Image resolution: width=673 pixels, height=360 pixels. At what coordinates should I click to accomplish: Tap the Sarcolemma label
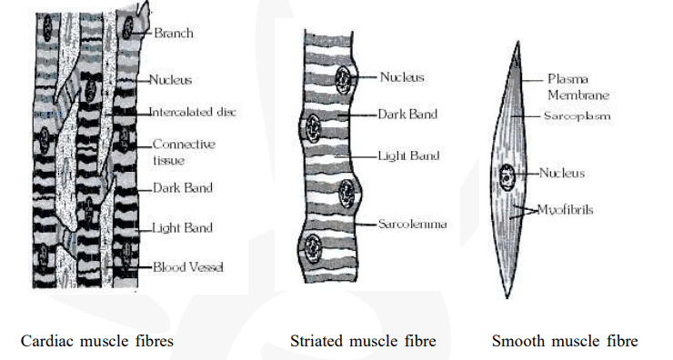414,223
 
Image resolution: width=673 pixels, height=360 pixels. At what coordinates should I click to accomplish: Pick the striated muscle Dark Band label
407,115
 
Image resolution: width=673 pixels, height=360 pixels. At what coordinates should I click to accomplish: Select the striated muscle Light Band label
408,155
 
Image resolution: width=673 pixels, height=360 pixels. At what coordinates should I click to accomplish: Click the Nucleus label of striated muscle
403,78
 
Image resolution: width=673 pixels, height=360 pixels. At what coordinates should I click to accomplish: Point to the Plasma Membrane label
578,86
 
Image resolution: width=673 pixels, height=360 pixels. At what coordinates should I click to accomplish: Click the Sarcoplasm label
577,117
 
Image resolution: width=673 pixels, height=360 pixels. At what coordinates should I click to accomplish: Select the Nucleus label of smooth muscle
561,173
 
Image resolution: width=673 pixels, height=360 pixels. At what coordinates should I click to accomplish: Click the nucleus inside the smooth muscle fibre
507,175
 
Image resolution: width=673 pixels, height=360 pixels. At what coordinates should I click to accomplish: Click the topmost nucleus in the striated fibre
344,78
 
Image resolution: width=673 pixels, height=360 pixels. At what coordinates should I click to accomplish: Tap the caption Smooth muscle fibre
564,342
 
